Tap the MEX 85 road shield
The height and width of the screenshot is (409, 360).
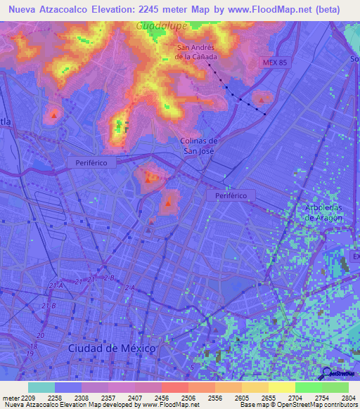pyautogui.click(x=275, y=63)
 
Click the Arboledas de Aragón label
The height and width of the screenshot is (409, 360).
pyautogui.click(x=324, y=213)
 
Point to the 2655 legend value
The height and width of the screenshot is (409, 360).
pyautogui.click(x=268, y=397)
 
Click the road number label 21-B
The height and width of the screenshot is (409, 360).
pyautogui.click(x=49, y=306)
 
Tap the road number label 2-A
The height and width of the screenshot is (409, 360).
pyautogui.click(x=129, y=287)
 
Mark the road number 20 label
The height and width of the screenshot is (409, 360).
pyautogui.click(x=39, y=336)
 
